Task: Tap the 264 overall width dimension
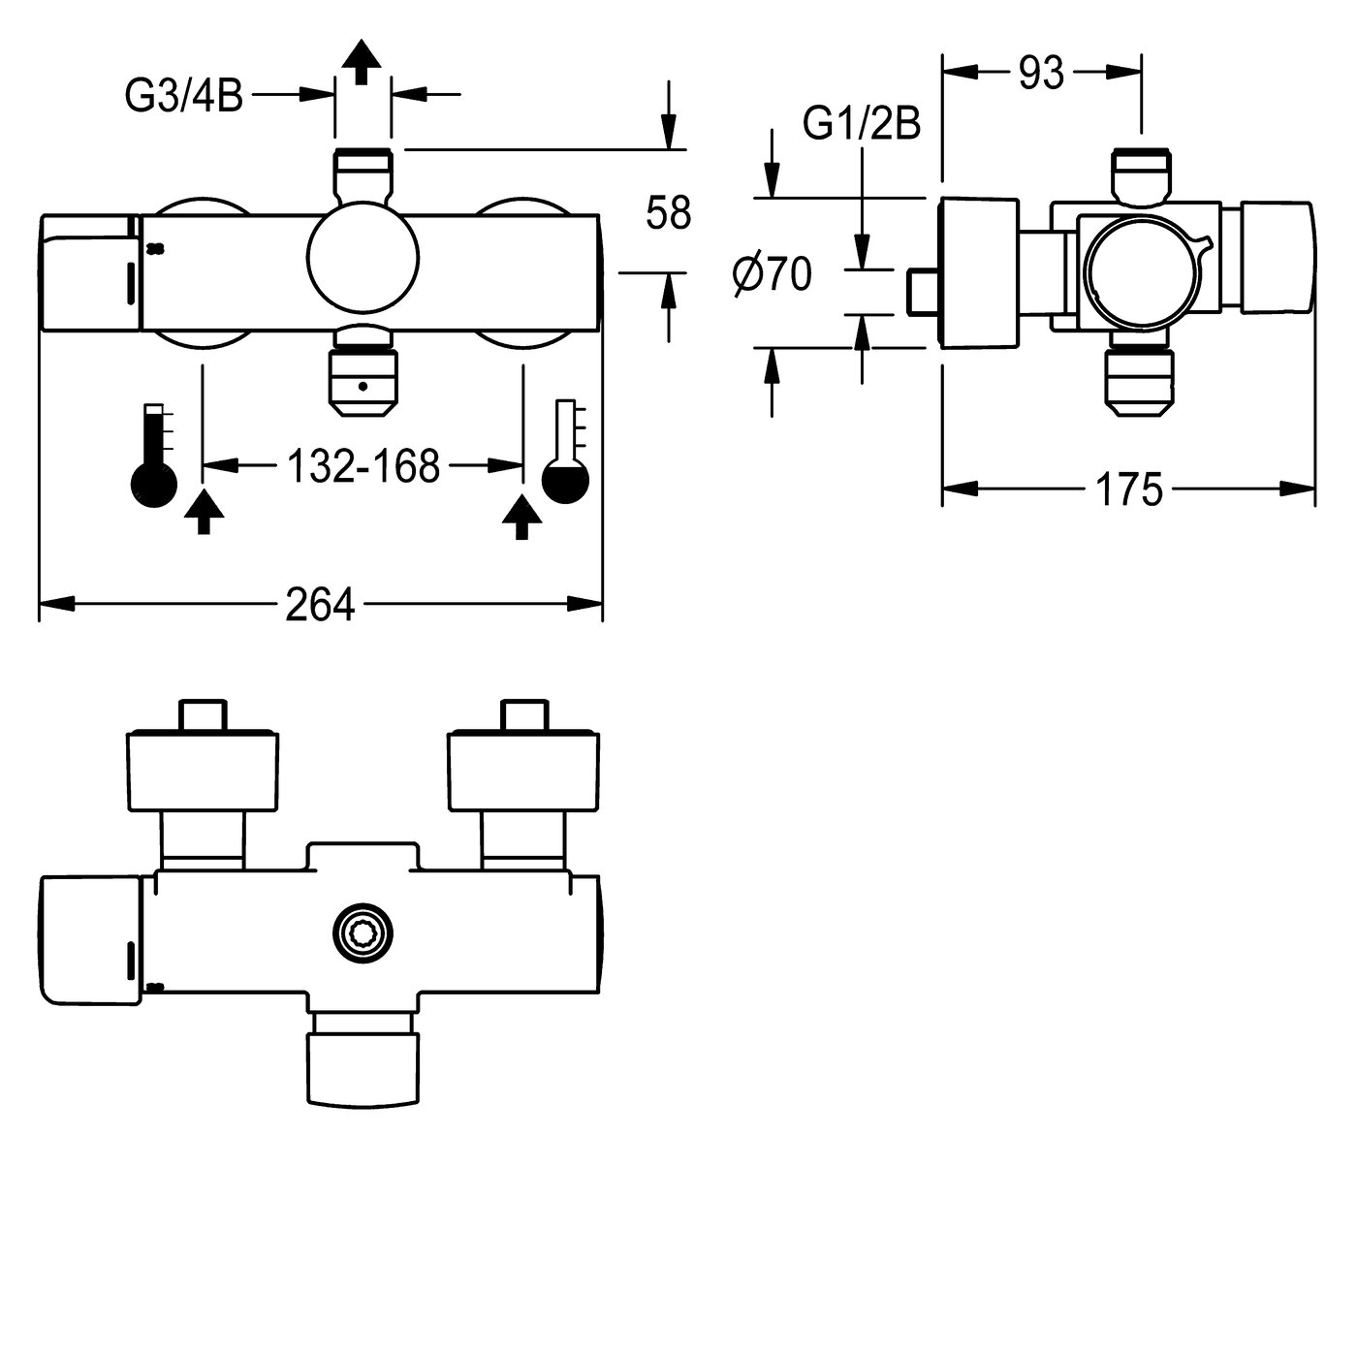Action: (321, 606)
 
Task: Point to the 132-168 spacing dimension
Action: (363, 466)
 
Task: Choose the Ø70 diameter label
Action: (773, 277)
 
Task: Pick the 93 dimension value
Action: (1041, 74)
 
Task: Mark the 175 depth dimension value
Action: (1128, 489)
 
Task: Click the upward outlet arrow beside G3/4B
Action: (363, 63)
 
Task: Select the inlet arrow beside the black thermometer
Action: (203, 513)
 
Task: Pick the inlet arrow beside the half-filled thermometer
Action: (522, 517)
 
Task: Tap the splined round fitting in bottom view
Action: (363, 933)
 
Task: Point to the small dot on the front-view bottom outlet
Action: (363, 386)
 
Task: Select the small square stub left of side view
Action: (922, 293)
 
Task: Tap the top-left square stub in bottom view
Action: (204, 714)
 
